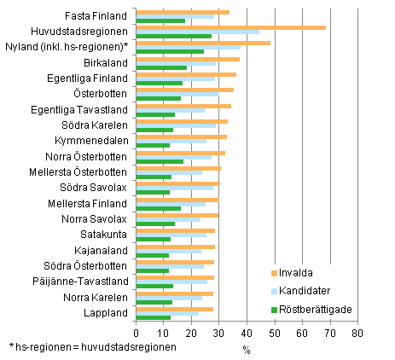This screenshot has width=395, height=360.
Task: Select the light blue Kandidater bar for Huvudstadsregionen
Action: coord(197,32)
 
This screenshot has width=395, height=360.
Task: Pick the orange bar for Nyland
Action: coord(203,43)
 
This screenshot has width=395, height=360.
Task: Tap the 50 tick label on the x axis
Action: coord(274,331)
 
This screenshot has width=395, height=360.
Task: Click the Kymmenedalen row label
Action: coord(94,140)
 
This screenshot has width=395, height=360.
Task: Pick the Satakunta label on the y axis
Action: coord(106,234)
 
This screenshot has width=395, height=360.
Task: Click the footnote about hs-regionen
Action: coord(93,347)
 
